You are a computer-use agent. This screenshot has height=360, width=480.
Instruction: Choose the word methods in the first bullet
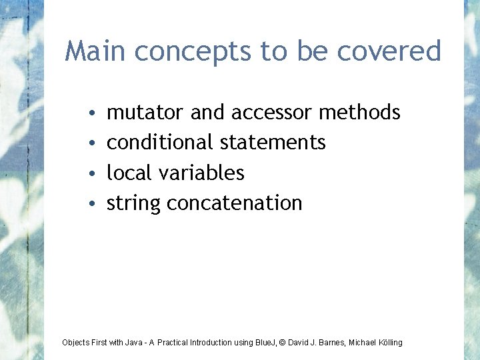(359, 113)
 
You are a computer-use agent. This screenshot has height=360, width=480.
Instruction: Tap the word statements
(273, 142)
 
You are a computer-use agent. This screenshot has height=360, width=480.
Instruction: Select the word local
(129, 173)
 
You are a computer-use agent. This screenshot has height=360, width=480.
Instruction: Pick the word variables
(201, 173)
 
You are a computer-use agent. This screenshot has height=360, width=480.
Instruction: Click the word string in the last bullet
(133, 203)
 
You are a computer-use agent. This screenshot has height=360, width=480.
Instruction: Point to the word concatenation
(235, 203)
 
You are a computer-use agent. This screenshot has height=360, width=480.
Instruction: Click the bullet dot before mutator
(91, 114)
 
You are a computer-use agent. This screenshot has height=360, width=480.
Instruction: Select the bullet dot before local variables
(91, 174)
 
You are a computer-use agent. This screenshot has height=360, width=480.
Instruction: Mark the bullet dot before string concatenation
(91, 204)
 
